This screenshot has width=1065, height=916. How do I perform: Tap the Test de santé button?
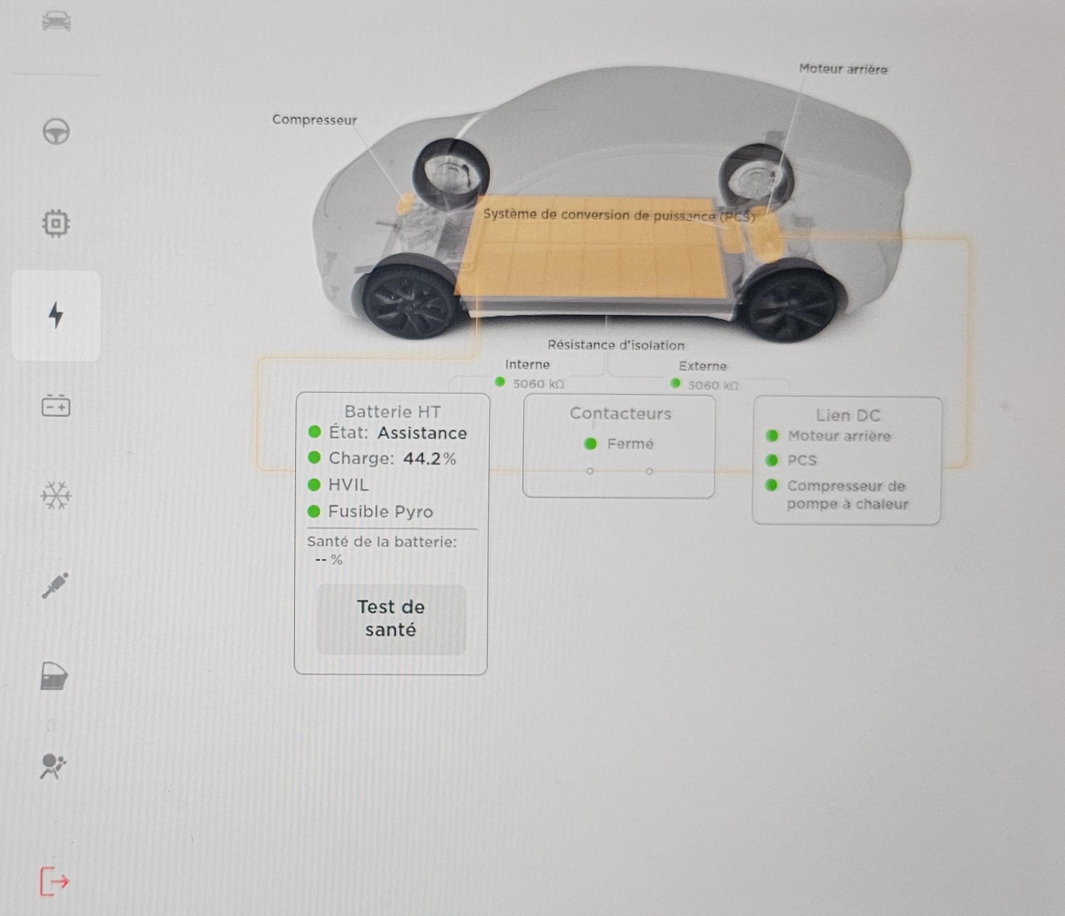[391, 619]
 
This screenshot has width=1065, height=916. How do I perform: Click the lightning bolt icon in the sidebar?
[56, 315]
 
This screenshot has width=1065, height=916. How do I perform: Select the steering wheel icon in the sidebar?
[56, 132]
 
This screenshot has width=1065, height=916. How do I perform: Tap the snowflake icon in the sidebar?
[56, 496]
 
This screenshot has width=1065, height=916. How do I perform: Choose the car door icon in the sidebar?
[54, 676]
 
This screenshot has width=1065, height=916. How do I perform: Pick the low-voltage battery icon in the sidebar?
[56, 406]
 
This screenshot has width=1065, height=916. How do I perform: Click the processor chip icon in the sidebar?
[56, 223]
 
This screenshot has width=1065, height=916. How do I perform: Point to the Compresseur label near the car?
[314, 120]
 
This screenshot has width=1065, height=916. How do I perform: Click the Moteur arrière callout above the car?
[843, 69]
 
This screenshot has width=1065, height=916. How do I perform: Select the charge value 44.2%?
[429, 459]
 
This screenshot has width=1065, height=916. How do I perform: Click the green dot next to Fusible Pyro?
[314, 511]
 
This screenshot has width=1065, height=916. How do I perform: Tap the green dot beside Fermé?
[590, 444]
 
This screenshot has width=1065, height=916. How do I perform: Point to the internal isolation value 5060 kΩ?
[538, 384]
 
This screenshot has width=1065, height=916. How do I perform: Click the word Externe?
[702, 366]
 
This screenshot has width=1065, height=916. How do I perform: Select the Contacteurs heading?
[620, 413]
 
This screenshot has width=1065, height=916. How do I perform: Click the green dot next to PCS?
[772, 460]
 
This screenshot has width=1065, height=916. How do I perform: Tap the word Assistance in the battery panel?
[422, 433]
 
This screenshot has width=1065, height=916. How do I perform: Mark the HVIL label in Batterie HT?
[348, 485]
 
